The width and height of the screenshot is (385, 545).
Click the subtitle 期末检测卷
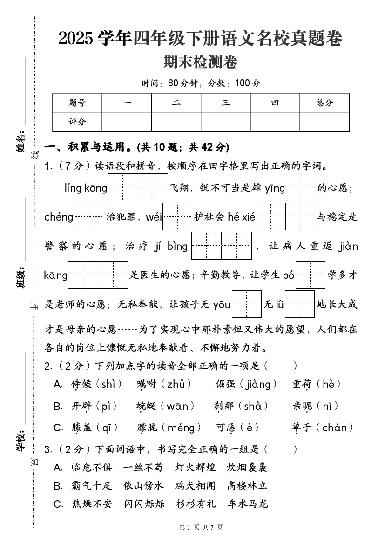point(201,62)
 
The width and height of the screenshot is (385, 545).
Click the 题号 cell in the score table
point(77,103)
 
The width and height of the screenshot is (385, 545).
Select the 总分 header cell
point(324,103)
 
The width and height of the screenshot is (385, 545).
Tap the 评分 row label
point(77,122)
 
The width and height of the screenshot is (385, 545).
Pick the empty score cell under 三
point(225,122)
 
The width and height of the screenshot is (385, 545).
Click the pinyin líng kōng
point(86,188)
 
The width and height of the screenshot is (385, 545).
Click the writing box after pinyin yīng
point(301,187)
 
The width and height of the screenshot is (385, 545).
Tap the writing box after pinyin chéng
point(88,217)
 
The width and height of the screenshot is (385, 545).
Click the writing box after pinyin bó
point(310,275)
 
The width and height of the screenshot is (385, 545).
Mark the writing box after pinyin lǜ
point(300,304)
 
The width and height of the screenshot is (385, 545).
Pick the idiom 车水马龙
point(248,504)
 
